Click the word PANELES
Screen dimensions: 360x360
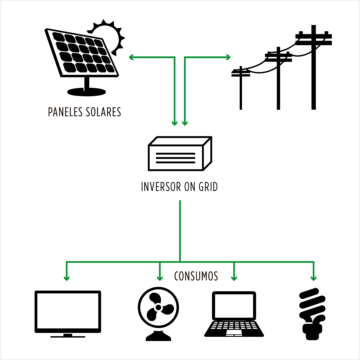pyautogui.click(x=65, y=112)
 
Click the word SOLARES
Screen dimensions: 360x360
pyautogui.click(x=103, y=112)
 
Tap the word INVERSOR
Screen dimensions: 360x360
pyautogui.click(x=161, y=187)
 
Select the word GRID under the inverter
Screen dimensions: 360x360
pyautogui.click(x=208, y=187)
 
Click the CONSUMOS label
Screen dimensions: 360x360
pyautogui.click(x=196, y=276)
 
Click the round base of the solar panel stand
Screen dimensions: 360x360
pyautogui.click(x=87, y=92)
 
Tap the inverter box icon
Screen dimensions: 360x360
pyautogui.click(x=180, y=153)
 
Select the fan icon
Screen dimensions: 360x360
pyautogui.click(x=158, y=314)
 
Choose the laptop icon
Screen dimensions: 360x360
pyautogui.click(x=234, y=314)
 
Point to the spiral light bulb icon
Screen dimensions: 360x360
pyautogui.click(x=312, y=314)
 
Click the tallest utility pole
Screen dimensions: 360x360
pyautogui.click(x=314, y=67)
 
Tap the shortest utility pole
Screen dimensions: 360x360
pyautogui.click(x=241, y=88)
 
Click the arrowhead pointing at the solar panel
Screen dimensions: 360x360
pyautogui.click(x=131, y=57)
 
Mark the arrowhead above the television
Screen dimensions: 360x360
pyautogui.click(x=67, y=278)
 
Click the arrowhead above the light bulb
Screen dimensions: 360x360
pyautogui.click(x=314, y=278)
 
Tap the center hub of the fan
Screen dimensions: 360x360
pyautogui.click(x=158, y=307)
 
